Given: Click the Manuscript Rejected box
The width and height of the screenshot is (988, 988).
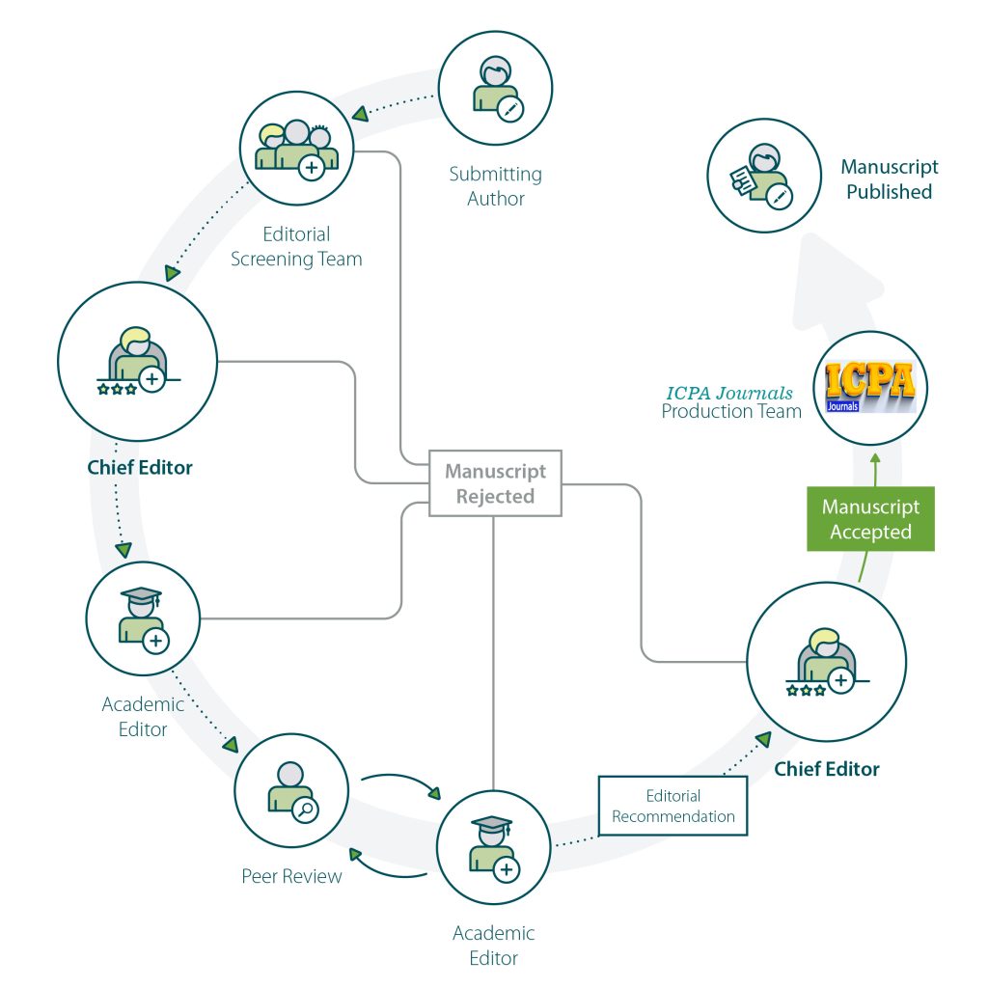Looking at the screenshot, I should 494,483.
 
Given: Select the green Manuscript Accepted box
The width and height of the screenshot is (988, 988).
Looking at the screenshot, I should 870,519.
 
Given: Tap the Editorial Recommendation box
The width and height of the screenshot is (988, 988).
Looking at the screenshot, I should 673,806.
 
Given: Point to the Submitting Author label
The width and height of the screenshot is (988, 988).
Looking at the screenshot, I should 495,186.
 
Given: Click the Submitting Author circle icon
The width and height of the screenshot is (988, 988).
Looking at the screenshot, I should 496,89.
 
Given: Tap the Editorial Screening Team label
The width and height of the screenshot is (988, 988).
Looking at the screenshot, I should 296,246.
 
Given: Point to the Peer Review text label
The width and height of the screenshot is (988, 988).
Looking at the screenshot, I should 291,877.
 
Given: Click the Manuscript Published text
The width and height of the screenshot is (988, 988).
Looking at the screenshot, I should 889,179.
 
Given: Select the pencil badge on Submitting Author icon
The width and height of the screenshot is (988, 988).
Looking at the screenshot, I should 510,109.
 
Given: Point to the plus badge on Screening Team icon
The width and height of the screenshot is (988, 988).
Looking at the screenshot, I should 312,168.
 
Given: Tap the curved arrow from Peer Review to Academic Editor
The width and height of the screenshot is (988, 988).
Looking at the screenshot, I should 398,782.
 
